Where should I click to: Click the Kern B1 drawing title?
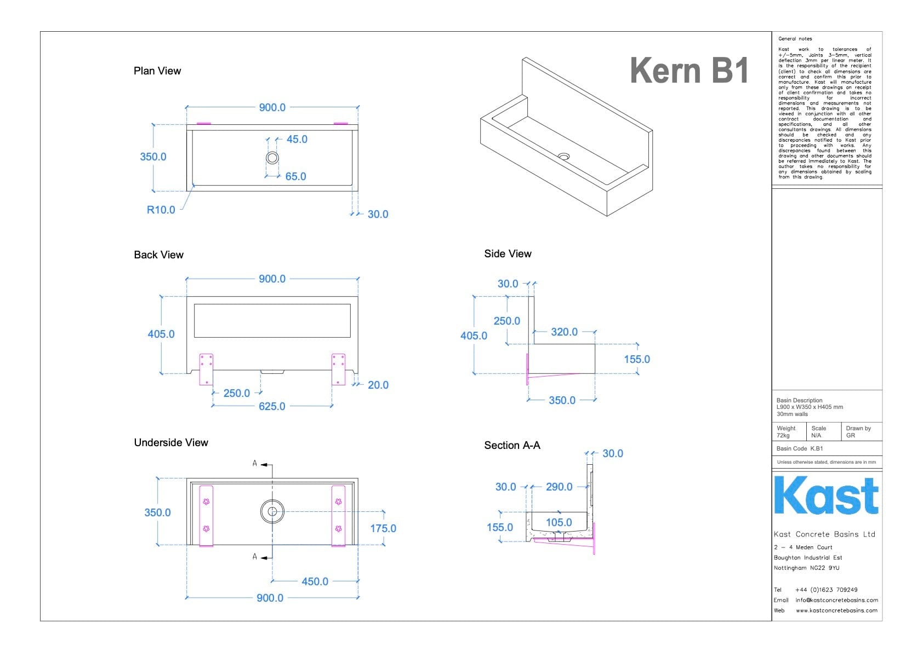point(689,71)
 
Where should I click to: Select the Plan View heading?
point(157,71)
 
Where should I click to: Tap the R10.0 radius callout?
point(161,210)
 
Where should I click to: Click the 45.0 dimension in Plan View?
point(297,140)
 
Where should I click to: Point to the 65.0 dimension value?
point(295,177)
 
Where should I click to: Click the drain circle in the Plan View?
point(272,158)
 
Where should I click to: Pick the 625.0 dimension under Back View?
point(272,406)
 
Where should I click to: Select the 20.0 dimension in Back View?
point(378,385)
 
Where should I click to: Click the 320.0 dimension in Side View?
point(564,332)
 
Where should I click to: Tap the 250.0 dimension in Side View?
point(506,321)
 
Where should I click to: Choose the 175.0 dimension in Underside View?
point(383,528)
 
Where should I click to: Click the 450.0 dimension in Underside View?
point(315,581)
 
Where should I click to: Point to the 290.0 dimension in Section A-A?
point(559,487)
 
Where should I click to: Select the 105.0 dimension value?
point(559,522)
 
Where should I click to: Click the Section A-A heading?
point(512,446)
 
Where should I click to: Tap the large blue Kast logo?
point(826,496)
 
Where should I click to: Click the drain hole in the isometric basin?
point(563,157)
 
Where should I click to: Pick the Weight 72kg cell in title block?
point(787,432)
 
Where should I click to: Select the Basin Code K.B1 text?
point(800,448)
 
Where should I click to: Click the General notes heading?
point(795,39)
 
